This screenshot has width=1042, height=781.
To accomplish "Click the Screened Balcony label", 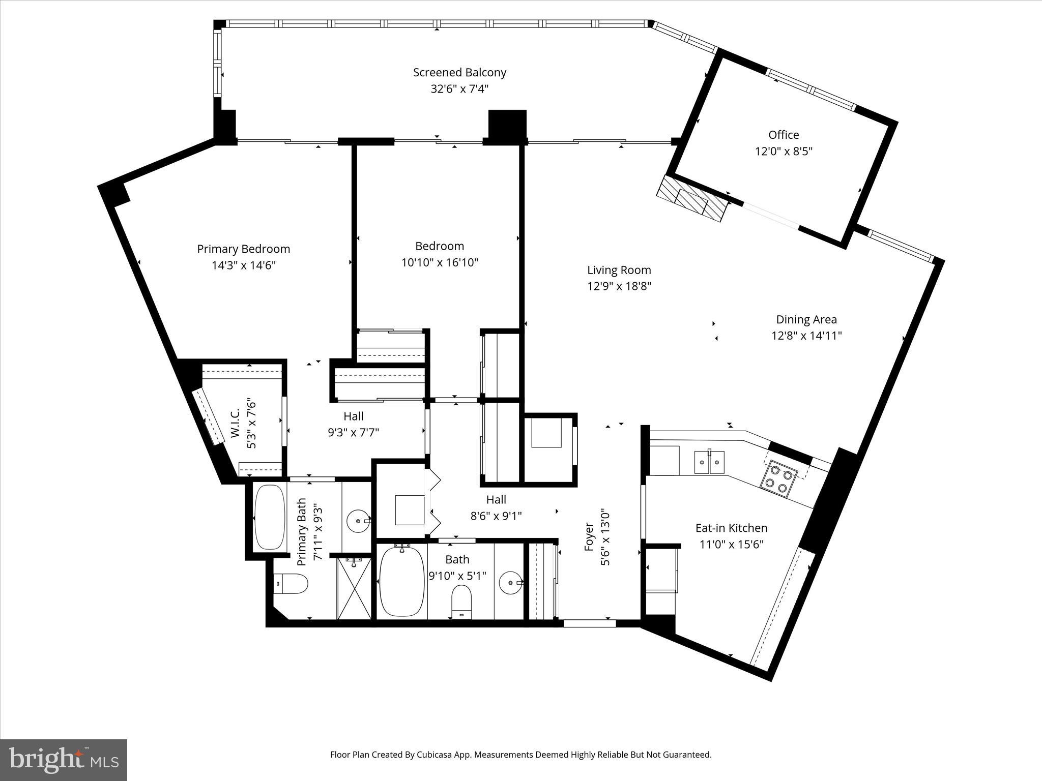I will (x=459, y=73).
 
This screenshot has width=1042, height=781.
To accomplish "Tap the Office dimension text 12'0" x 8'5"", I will (x=784, y=151).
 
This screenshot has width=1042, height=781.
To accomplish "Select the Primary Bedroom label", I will (x=243, y=249).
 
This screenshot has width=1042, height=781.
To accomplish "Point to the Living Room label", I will (x=619, y=270).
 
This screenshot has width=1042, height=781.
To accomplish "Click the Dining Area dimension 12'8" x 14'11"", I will (x=806, y=336).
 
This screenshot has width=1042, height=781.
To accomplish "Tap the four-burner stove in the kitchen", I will (x=778, y=478).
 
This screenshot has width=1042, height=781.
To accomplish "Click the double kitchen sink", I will (x=709, y=462).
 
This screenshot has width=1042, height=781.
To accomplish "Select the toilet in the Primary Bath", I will (x=292, y=584).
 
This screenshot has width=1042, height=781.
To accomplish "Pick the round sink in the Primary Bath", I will (x=358, y=521).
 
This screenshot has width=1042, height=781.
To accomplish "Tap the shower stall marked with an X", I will (x=355, y=588).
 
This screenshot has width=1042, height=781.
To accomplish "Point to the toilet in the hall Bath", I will (x=461, y=601).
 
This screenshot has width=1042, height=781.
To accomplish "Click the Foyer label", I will (x=589, y=536).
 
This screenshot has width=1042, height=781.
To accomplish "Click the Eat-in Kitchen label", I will (x=731, y=528).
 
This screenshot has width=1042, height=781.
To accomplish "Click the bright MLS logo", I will (x=64, y=759).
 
